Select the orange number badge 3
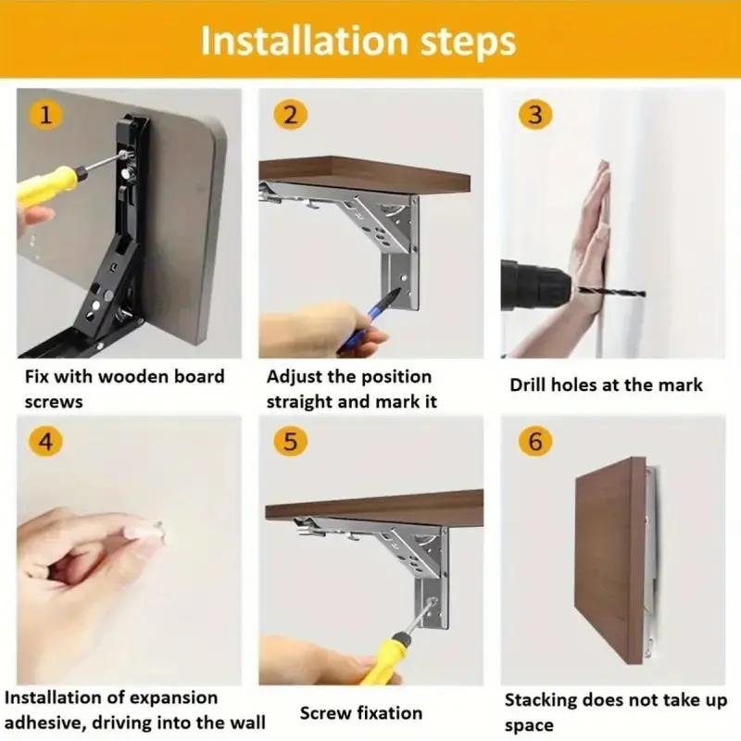(x=534, y=115)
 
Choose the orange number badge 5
(x=290, y=442)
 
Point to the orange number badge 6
(x=534, y=442)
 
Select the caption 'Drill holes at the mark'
(x=606, y=384)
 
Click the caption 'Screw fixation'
(x=360, y=713)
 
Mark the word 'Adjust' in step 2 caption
(x=295, y=377)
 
